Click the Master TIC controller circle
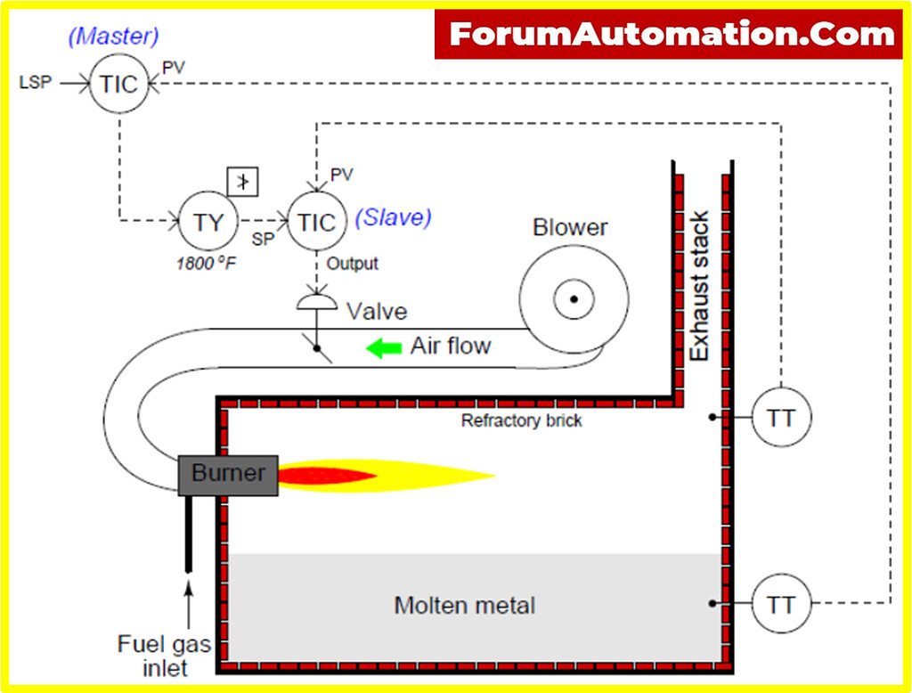(119, 84)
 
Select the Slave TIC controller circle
(316, 221)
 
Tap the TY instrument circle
(208, 221)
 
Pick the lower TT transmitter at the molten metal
(781, 604)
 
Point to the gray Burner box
(228, 474)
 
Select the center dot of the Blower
(574, 299)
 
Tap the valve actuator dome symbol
(316, 303)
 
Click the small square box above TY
(243, 182)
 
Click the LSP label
(36, 83)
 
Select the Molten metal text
(464, 606)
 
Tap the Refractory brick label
(521, 420)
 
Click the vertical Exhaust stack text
(701, 285)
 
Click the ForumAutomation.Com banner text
(671, 35)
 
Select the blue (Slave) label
(393, 217)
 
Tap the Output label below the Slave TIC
(353, 264)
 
